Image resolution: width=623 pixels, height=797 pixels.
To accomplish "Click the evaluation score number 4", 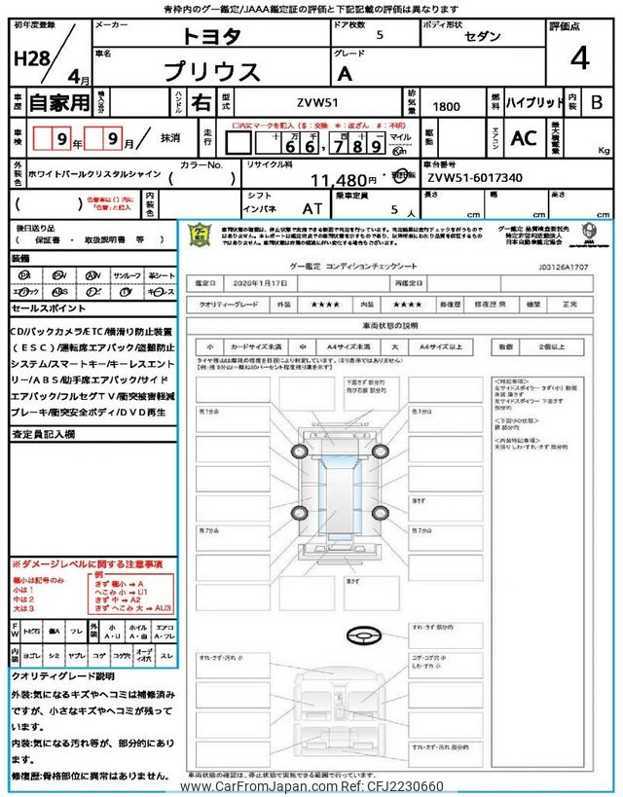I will [580, 59].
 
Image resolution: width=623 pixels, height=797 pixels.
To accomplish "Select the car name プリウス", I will [212, 71].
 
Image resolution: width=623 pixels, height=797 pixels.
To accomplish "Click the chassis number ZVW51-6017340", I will [477, 178].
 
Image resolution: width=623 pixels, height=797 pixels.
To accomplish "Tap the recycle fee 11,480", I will [343, 180].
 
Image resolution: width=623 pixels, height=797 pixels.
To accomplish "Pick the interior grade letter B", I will [597, 102].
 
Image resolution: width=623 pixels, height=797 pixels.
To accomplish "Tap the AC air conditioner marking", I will [524, 138].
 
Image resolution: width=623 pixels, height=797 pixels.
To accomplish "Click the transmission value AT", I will [312, 207].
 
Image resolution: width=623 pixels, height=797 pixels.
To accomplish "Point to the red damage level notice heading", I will [87, 564].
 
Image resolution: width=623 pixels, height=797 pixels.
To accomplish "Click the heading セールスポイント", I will [48, 308].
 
